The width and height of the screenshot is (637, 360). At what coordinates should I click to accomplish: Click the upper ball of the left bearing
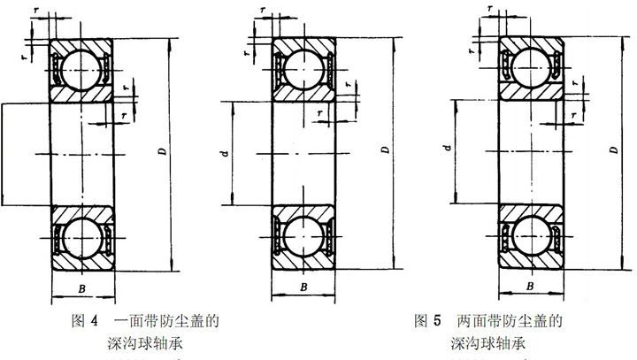click(x=80, y=66)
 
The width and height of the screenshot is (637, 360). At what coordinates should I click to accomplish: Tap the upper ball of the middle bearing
click(x=303, y=66)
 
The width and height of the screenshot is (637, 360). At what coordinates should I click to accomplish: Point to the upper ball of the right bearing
click(x=529, y=67)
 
